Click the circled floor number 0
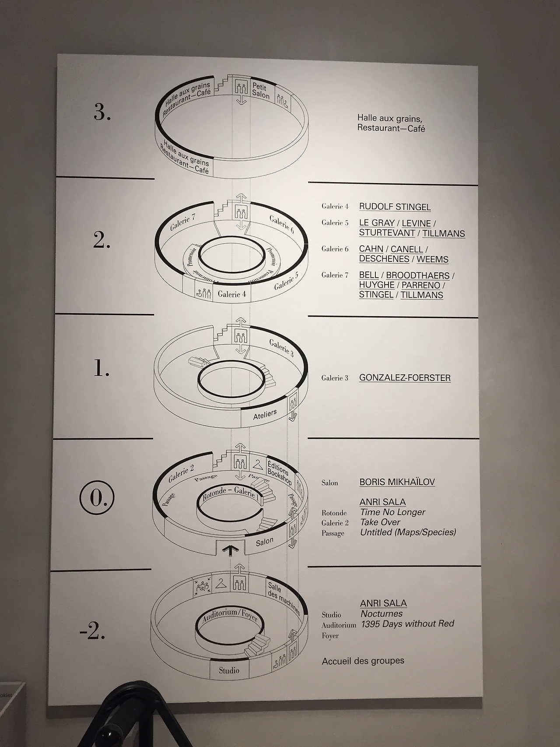[x=97, y=498]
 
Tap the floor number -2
[x=92, y=633]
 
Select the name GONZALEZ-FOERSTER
[x=405, y=377]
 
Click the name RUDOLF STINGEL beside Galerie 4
[x=395, y=207]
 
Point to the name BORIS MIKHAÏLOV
[x=397, y=482]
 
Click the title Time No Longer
[x=392, y=512]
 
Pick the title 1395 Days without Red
[x=407, y=624]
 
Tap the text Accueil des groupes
[x=363, y=661]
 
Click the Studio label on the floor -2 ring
[x=229, y=670]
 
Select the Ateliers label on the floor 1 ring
[x=265, y=414]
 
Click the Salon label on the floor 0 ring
[x=265, y=542]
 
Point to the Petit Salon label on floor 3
[x=261, y=91]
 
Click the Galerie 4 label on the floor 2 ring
[x=232, y=294]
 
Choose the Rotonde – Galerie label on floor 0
[x=229, y=493]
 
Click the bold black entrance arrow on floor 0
[x=228, y=550]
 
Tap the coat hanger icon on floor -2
[x=221, y=583]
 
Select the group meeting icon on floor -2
[x=202, y=586]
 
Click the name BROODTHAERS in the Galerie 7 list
[x=418, y=275]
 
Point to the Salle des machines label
[x=283, y=597]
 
